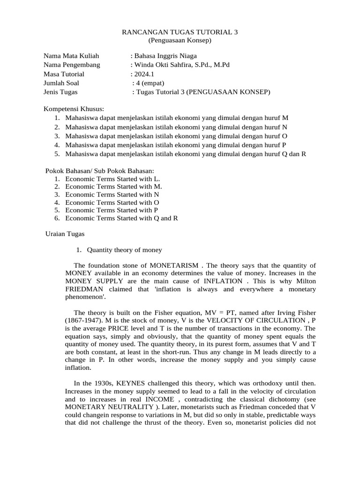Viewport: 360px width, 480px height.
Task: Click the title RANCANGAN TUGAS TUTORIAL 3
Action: (180, 32)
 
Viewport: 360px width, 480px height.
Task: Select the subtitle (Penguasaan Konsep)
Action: (180, 41)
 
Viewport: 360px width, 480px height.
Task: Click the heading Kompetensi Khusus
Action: (74, 109)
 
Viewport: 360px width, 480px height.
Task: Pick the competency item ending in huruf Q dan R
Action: (186, 154)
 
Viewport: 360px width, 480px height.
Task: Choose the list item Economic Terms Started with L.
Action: (112, 179)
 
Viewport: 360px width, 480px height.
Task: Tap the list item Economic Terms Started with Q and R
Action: (121, 218)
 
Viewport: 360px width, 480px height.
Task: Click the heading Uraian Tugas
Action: (64, 233)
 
